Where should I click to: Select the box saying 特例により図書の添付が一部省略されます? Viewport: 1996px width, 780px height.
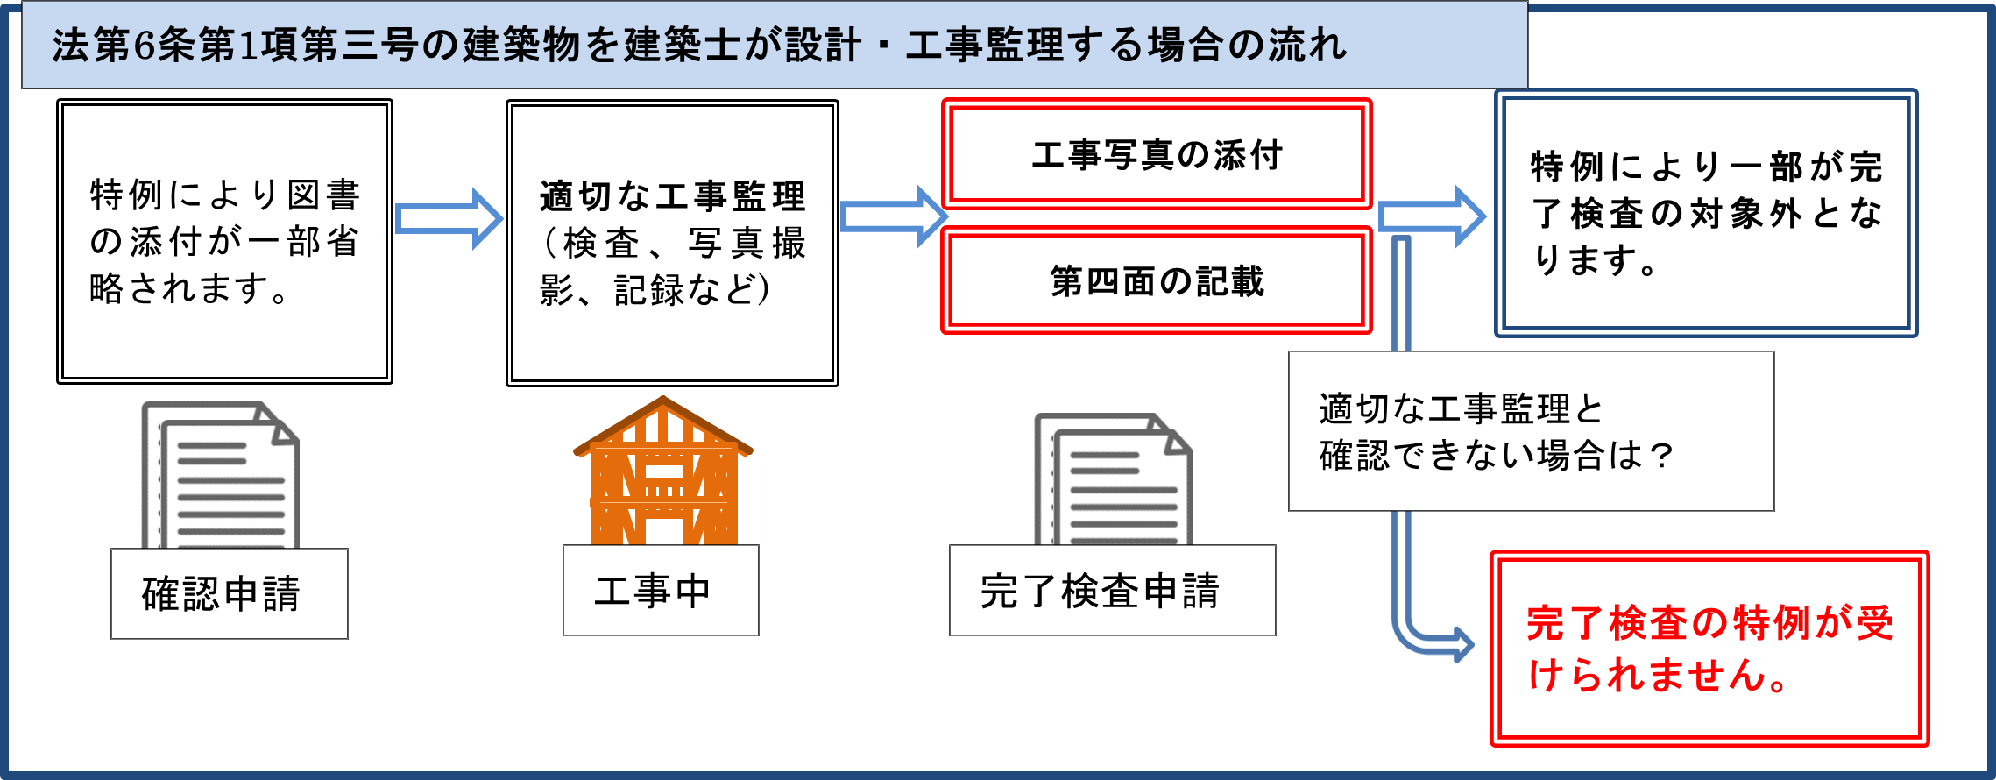(224, 241)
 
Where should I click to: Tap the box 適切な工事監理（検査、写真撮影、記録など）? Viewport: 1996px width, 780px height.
(672, 243)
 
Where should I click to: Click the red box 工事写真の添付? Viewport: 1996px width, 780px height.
(1157, 154)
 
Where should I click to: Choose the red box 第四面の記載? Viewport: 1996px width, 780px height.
(1157, 281)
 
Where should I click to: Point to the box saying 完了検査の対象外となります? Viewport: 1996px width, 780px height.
(1705, 213)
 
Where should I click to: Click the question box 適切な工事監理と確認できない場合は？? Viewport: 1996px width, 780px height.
(1530, 431)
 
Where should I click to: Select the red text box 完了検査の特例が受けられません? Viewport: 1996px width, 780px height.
(1709, 649)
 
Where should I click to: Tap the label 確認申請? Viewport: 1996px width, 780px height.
(229, 593)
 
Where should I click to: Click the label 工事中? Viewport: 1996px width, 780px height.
(660, 590)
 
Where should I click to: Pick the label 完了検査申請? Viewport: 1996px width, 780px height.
(1111, 590)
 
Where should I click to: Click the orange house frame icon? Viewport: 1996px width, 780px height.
(663, 473)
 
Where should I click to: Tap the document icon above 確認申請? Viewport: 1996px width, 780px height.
(221, 475)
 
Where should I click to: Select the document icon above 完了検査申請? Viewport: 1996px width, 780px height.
(1113, 479)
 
